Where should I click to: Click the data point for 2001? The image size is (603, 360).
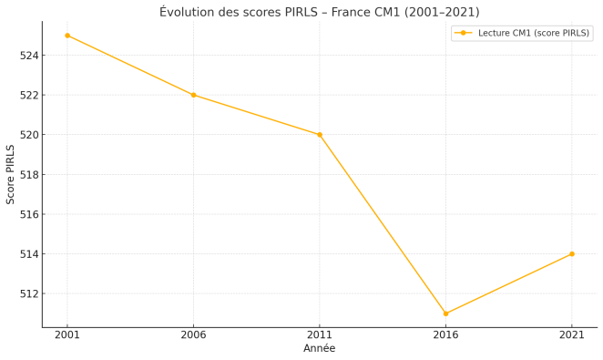coord(67,36)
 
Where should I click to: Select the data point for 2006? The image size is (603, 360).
coord(193,95)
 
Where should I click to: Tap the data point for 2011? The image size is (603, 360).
coord(320,135)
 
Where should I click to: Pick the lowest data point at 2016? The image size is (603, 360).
coord(445,314)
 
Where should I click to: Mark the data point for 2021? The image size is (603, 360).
coord(572,254)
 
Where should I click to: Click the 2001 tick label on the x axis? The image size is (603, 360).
coord(67,335)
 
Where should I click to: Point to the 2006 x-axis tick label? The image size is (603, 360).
coord(193,335)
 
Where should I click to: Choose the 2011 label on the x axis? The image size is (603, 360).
coord(320,335)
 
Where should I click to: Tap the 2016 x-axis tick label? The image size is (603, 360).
coord(445,335)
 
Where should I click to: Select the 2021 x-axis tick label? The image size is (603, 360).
coord(572,335)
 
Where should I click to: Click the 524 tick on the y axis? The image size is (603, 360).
coord(29,56)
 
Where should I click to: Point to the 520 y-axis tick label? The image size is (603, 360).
coord(29,135)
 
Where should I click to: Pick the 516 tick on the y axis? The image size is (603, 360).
coord(29,214)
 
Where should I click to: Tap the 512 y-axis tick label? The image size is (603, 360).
coord(29,293)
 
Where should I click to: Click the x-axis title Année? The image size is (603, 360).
coord(319,348)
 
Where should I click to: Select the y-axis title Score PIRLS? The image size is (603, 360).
coord(11,174)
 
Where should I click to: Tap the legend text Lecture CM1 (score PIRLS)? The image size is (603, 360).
coord(534,33)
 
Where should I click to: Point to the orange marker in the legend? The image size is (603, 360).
coord(463,33)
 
